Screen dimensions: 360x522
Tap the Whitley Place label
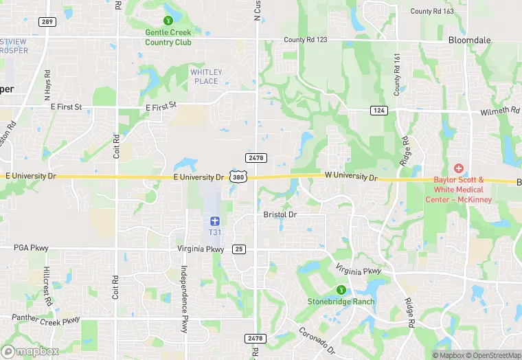[205, 76]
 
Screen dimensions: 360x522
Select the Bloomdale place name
[470, 40]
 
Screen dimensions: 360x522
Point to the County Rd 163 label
[432, 11]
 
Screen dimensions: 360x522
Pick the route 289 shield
[47, 22]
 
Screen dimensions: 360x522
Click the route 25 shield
[239, 248]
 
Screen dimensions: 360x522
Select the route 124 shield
[380, 110]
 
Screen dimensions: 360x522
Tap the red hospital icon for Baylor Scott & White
[459, 169]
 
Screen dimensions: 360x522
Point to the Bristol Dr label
[280, 214]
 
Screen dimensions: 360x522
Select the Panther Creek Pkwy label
[46, 319]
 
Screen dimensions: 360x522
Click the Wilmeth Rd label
[500, 110]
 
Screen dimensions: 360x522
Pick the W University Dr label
[352, 178]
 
